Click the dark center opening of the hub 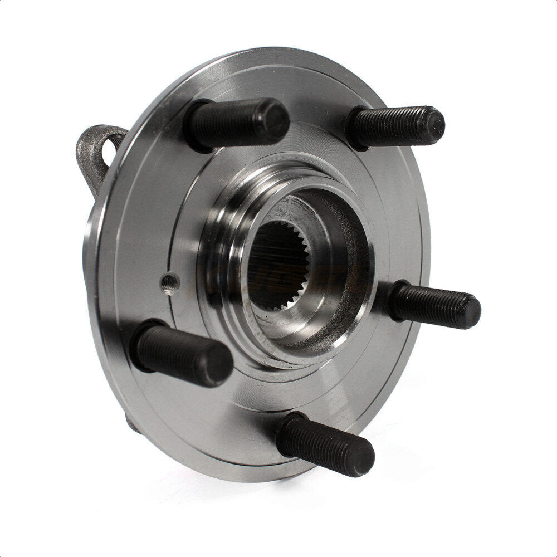tap(273, 267)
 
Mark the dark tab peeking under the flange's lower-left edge tap(131, 423)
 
